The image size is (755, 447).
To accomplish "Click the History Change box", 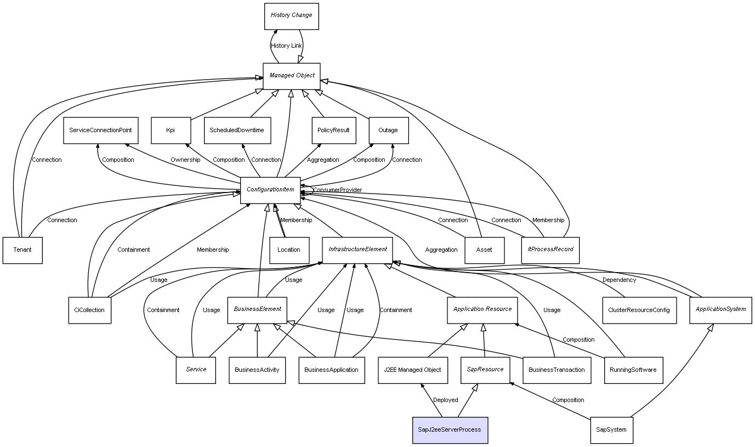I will coord(291,16).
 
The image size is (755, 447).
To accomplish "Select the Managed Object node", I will coord(291,76).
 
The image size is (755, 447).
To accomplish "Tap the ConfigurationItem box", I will coord(270,190).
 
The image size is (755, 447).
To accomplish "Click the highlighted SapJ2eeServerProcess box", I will coord(450,430).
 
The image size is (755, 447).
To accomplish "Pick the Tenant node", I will coord(22,250).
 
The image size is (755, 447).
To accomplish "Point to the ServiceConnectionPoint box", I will coord(100,131).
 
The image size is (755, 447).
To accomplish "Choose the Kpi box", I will coord(171,131).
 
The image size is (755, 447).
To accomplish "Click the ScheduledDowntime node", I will coord(237,131).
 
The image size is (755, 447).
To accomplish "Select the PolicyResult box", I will coord(333,131).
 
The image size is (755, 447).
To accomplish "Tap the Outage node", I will coord(388,131).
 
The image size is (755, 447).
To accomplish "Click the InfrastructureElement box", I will coord(357,250).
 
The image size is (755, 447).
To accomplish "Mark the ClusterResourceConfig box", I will coord(639,310).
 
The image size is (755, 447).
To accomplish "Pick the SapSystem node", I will coord(611,430).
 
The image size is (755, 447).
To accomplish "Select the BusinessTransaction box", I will coord(557,370).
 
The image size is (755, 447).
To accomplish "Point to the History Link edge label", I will coord(286,46).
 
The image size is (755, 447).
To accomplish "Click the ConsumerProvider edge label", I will coord(337,190).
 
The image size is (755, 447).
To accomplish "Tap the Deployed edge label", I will coord(445,400).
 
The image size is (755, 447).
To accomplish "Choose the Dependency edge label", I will coord(619,280).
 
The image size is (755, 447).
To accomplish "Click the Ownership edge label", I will coord(185,160).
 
